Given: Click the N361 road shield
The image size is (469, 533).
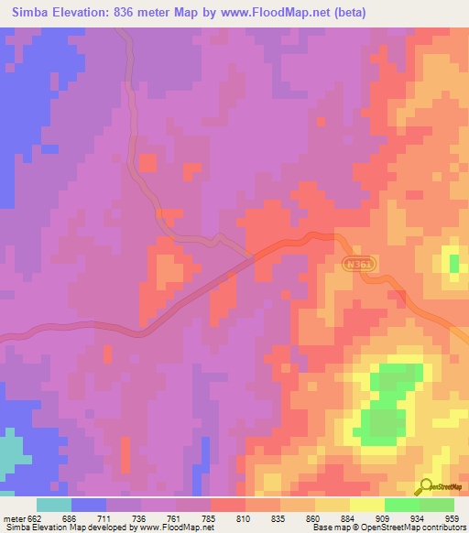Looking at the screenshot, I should point(359,263).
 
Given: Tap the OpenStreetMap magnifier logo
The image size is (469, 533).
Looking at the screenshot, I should point(426,486).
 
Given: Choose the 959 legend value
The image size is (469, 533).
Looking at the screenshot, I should point(450,518).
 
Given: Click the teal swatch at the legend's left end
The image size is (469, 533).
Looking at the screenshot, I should point(54,505).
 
